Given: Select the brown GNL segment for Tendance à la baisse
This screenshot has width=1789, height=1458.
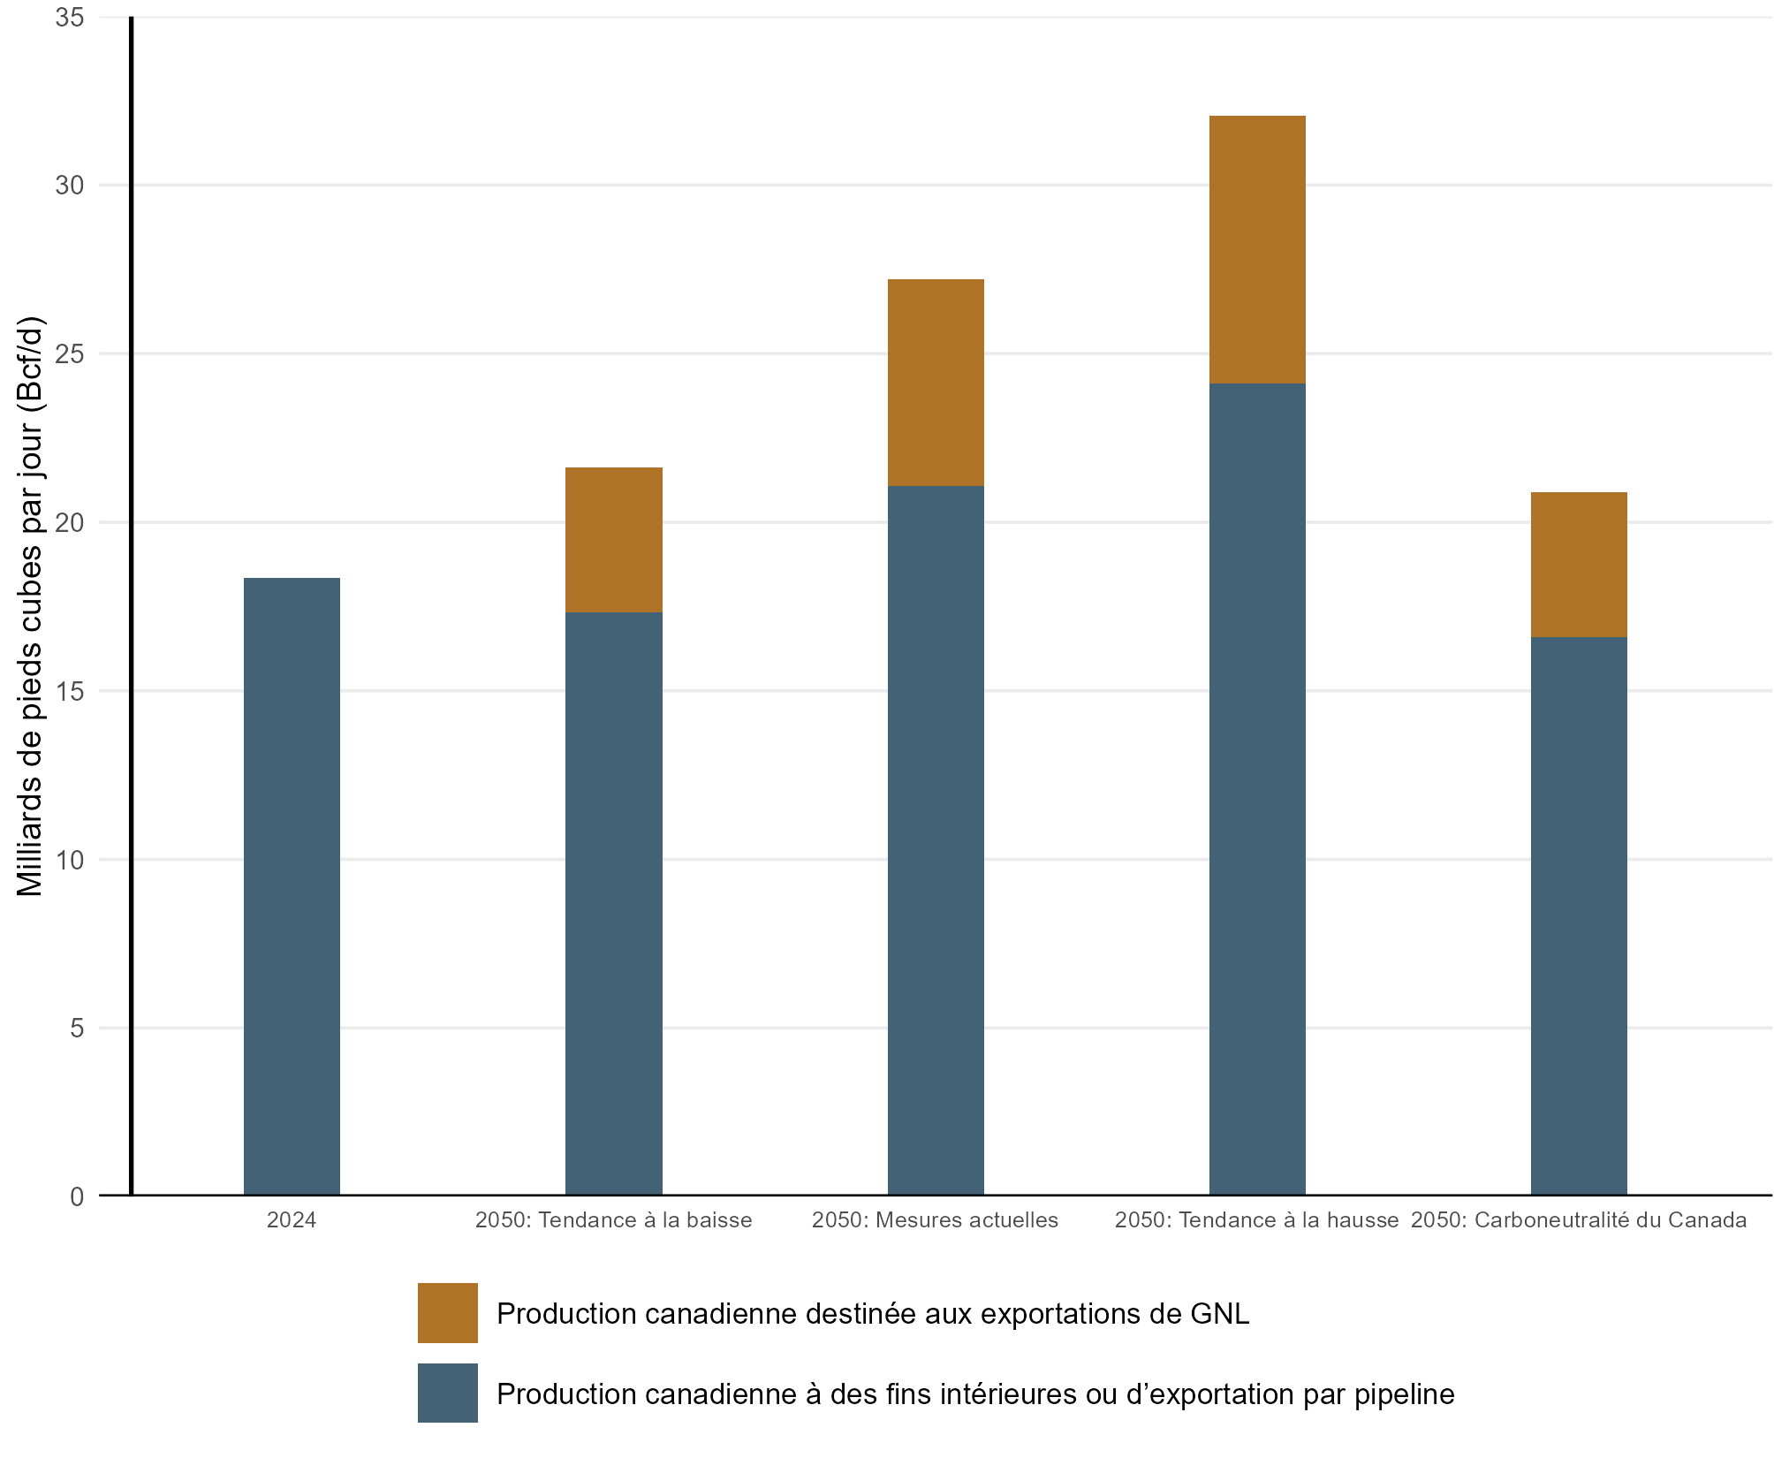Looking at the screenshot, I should point(613,540).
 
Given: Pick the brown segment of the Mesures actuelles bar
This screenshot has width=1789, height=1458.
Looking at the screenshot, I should point(936,383).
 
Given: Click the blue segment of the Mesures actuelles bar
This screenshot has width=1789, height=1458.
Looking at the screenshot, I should point(936,840).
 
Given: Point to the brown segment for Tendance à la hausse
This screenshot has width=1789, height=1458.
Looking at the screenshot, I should point(1257,249).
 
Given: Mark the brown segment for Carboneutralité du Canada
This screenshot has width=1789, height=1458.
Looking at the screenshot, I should point(1579,565).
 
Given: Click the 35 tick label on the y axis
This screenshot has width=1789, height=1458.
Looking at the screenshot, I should point(70,18).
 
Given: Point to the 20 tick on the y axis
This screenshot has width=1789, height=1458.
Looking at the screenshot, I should point(70,522).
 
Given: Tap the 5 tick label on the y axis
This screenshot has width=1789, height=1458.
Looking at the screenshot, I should point(77,1028).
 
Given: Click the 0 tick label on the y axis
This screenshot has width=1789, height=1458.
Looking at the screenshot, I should point(77,1196).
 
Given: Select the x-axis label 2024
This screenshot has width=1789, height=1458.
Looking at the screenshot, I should point(292,1220).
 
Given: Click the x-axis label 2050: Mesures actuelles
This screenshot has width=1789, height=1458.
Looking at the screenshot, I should point(935,1220).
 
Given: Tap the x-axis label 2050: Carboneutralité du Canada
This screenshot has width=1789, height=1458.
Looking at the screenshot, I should point(1579,1220).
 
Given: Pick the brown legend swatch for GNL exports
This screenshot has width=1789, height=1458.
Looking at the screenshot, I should point(448,1313).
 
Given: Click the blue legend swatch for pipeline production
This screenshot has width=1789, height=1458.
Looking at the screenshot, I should point(448,1393).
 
